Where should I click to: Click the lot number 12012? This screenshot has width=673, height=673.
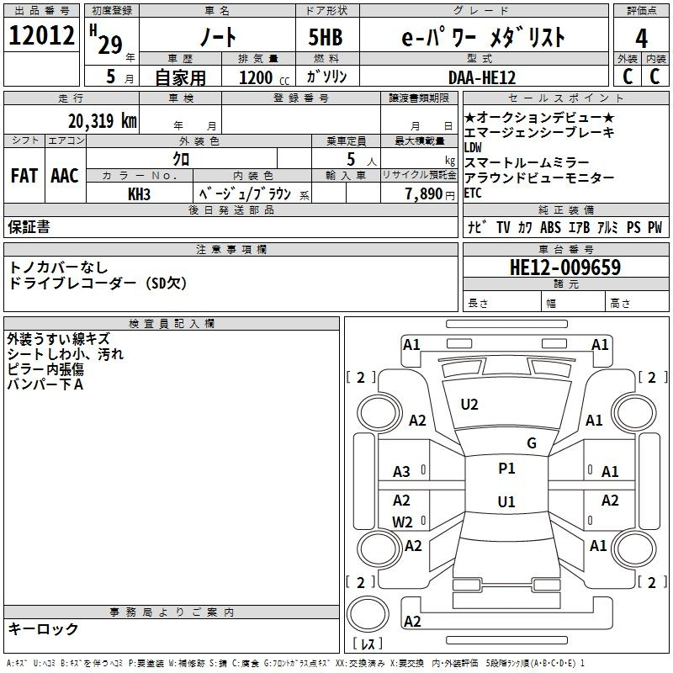[41, 37]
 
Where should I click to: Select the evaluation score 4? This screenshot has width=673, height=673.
[642, 39]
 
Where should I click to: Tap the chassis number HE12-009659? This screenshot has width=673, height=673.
[565, 268]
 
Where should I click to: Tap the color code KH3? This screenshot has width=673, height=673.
[140, 193]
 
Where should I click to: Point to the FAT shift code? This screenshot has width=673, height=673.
[24, 176]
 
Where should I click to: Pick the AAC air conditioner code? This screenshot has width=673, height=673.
[65, 176]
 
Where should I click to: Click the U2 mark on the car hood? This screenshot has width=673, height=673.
[469, 405]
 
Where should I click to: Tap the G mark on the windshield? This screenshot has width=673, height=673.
[532, 442]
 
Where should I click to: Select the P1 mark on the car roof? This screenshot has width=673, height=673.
[506, 469]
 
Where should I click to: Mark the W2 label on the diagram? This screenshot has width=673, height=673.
[403, 522]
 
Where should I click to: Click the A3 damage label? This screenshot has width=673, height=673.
[402, 472]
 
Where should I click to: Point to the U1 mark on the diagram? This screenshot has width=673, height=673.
[506, 502]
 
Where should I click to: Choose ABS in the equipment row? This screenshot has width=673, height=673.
[551, 227]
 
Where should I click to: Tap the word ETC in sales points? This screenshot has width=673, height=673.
[474, 193]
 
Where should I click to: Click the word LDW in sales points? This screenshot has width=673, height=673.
[474, 147]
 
